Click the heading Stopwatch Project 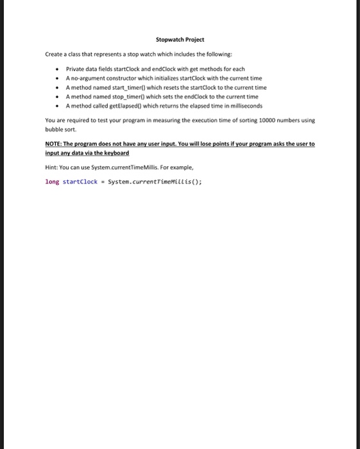point(179,40)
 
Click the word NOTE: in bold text point(54,144)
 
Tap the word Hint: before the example point(51,168)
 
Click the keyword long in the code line point(52,182)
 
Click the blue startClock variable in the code point(80,182)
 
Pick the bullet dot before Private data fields point(58,69)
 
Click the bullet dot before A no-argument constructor point(58,78)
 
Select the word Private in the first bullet point(75,69)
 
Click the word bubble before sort point(54,129)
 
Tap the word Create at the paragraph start point(54,55)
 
